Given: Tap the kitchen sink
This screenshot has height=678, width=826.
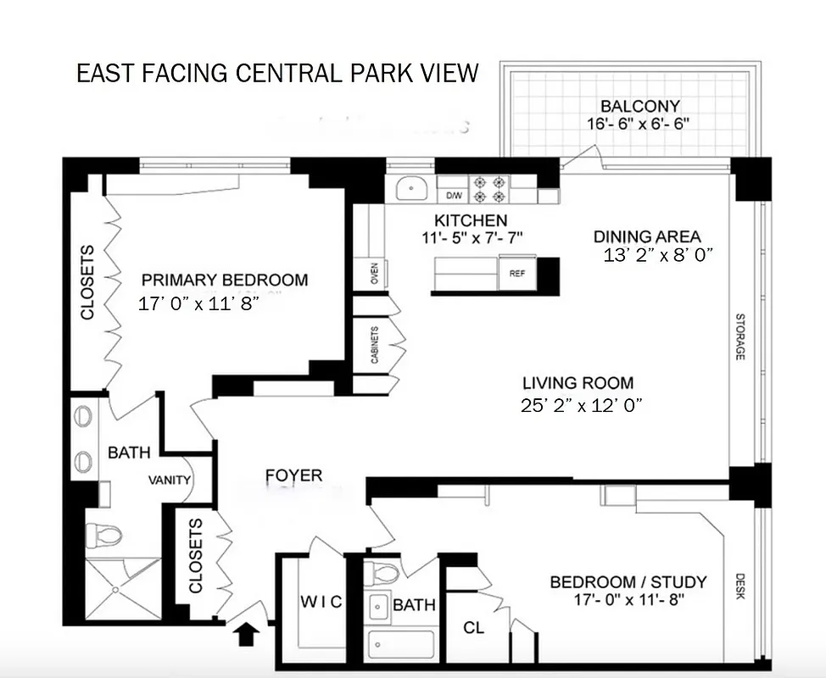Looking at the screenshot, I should pos(410,187).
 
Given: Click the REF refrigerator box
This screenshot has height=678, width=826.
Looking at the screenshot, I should pos(517,274).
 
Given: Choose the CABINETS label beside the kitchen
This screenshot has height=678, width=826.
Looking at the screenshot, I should pos(374,344).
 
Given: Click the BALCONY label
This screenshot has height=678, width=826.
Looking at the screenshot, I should pos(640,106).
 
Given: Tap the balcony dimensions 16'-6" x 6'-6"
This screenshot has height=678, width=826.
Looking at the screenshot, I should pos(640,123).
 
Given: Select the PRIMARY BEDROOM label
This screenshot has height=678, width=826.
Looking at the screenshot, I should pos(225,281).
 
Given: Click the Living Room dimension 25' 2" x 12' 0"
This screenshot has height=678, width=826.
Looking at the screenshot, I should pos(581,405).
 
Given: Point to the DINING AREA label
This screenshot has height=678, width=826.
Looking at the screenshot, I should pos(647,236).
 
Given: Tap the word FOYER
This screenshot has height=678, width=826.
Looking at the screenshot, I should pos(294,476).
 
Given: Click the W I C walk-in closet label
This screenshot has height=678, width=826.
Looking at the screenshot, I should pos(322,602).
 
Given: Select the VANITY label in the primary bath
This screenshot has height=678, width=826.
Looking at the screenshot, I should pos(170,481).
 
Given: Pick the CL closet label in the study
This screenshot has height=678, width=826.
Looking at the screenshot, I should pos(474,628).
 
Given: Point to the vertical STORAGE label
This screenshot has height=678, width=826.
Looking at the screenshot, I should pos(739,337).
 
